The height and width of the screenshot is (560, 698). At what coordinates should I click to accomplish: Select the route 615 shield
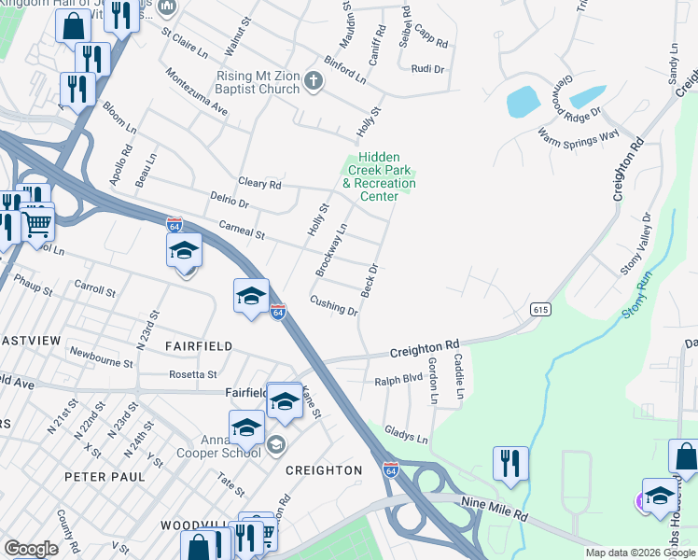(539, 308)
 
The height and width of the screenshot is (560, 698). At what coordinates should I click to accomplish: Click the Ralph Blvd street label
(398, 380)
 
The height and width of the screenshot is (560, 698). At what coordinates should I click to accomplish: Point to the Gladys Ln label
(406, 437)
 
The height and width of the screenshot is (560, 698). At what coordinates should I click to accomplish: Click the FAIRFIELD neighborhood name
(198, 345)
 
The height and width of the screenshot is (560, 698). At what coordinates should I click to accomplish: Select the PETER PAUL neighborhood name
(105, 476)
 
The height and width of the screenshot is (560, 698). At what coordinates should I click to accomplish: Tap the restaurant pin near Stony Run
(510, 464)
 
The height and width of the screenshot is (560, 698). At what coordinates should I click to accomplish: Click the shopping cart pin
(36, 222)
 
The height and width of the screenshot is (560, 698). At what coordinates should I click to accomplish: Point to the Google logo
(31, 549)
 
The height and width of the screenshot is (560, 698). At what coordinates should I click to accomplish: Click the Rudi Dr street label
(427, 69)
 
